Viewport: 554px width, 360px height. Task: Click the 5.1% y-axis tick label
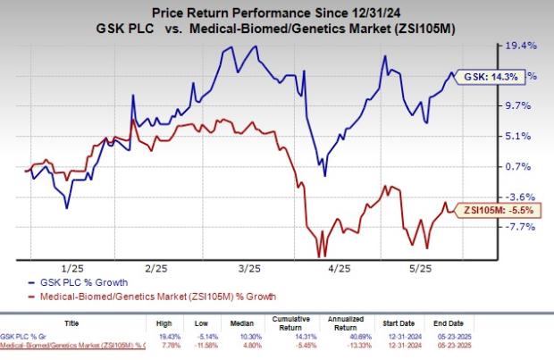point(521,136)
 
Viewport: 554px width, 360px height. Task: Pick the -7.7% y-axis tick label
point(521,227)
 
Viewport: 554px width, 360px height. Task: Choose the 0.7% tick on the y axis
point(521,166)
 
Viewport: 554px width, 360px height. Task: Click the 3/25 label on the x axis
point(250,268)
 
